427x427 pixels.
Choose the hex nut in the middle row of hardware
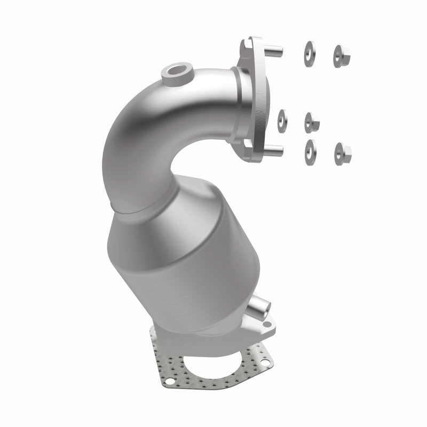(312, 122)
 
